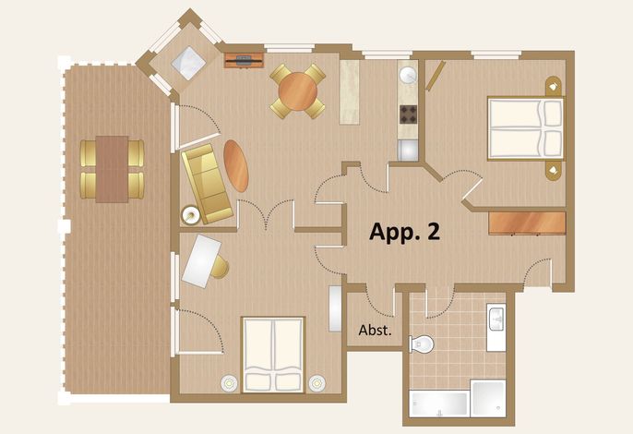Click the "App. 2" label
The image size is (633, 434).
[x=404, y=232]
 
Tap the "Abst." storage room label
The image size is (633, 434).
[x=375, y=331]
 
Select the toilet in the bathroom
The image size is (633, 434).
[x=421, y=344]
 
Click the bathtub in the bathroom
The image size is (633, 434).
[x=439, y=404]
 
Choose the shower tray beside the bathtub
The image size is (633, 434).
[x=488, y=398]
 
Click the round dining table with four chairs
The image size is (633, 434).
[x=297, y=91]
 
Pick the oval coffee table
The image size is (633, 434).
[x=236, y=165]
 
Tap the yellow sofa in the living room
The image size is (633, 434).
[x=207, y=184]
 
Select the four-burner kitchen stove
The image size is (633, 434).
[x=408, y=115]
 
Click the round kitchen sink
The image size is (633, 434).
[x=408, y=76]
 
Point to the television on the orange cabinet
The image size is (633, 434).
[x=244, y=61]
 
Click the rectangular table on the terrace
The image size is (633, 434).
[x=112, y=169]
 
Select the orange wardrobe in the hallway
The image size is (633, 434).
[x=527, y=223]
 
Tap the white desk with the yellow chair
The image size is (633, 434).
[x=202, y=261]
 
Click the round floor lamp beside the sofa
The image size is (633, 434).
[x=190, y=215]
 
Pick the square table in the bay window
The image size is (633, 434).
[x=189, y=64]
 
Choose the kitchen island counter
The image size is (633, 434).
[x=349, y=92]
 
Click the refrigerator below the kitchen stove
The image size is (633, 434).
[x=408, y=151]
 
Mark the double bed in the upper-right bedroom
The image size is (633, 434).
[x=525, y=128]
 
